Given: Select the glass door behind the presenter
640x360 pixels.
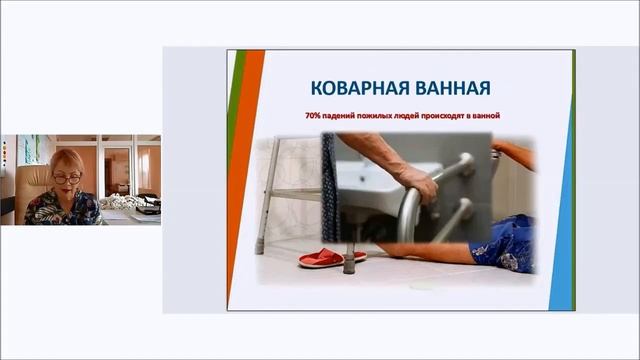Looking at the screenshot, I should click(117, 170).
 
